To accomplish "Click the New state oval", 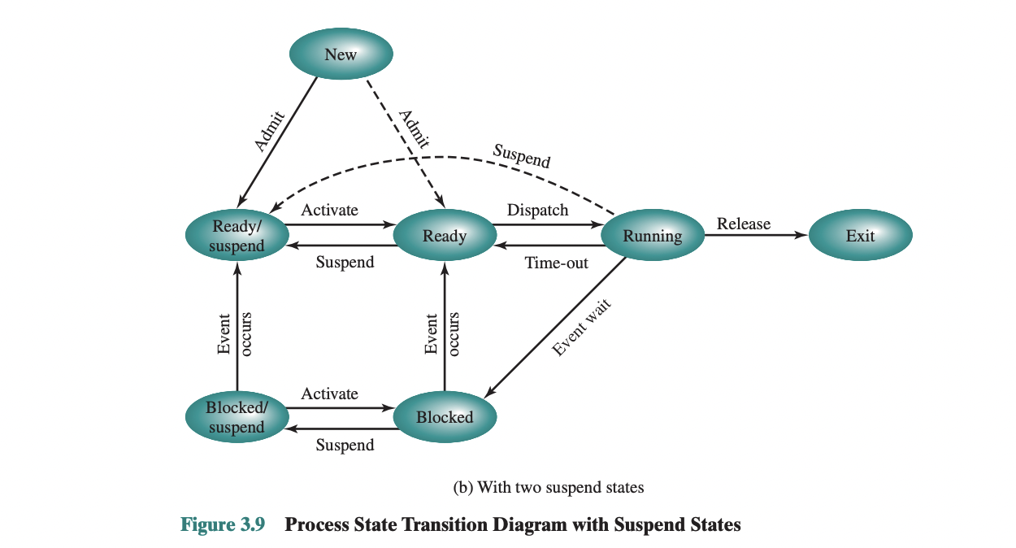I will point(341,54).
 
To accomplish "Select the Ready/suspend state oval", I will point(237,236).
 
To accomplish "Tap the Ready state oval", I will point(445,236).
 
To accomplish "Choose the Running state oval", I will point(652,236).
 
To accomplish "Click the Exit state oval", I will point(860,236).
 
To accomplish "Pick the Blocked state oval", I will point(445,417).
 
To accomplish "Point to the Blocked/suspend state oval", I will point(237,417).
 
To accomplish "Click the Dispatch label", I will point(537,210).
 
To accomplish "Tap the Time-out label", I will point(556,263).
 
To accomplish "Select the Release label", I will point(743,224).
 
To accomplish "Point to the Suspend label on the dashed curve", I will point(521,155).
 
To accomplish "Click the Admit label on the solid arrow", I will point(268,130).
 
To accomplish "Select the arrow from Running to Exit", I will point(756,236).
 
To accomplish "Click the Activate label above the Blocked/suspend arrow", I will point(329,394).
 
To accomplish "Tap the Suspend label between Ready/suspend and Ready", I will point(345,262).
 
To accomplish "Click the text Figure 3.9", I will point(222,524).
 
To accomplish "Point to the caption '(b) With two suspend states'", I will point(548,487).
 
